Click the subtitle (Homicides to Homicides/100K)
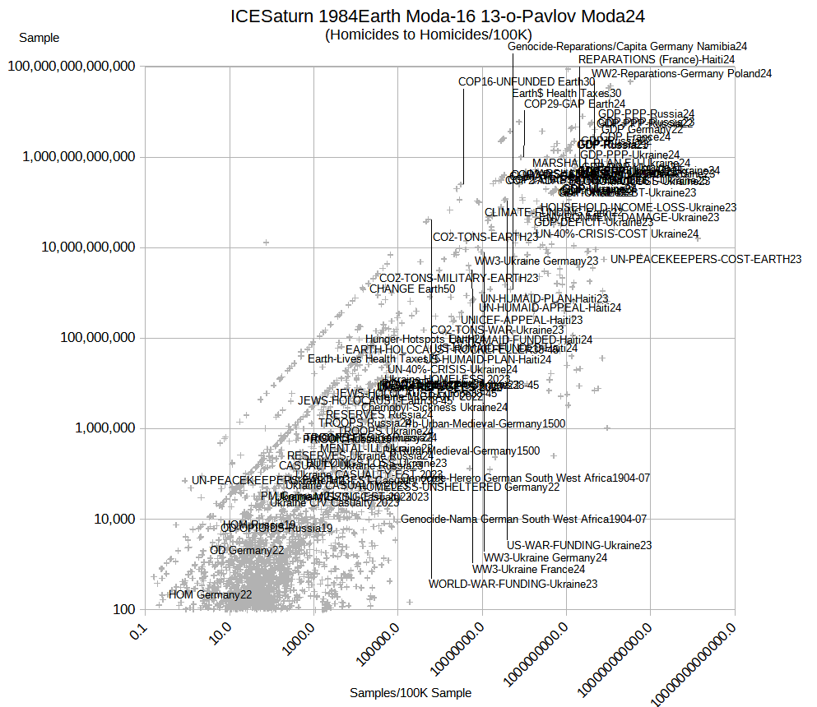[x=428, y=34]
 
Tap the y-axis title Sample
[x=39, y=37]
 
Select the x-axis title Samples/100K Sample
[x=411, y=693]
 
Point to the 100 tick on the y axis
[x=124, y=609]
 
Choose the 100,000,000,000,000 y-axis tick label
[x=72, y=66]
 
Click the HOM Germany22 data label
[x=210, y=594]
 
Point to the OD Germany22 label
[x=247, y=550]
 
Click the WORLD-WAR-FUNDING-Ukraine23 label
[x=513, y=584]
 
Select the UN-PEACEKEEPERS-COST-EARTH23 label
[x=705, y=259]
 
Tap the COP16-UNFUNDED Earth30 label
[x=527, y=81]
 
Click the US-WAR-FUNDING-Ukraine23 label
[x=579, y=545]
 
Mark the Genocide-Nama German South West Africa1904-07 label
[x=523, y=519]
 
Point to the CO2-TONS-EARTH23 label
[x=485, y=237]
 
